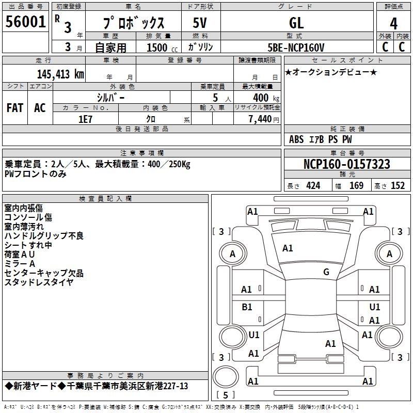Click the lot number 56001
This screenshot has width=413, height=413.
tap(25, 22)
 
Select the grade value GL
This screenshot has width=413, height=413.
tap(296, 23)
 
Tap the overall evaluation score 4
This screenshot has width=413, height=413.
tap(393, 23)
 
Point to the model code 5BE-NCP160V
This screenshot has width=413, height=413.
tap(296, 47)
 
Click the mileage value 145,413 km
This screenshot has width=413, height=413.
tap(60, 74)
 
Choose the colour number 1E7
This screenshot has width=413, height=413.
tap(85, 119)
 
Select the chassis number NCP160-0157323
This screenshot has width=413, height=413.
tap(346, 164)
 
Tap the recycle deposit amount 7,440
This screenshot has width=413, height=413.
tap(260, 119)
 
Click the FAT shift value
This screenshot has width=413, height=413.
tap(15, 108)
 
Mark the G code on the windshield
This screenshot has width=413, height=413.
tap(326, 272)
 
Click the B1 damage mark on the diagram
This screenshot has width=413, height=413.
tap(247, 307)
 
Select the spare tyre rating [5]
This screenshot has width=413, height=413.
tap(226, 395)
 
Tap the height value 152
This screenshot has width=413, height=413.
tap(398, 186)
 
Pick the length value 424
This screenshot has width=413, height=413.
tap(313, 186)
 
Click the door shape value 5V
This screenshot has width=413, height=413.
tap(200, 23)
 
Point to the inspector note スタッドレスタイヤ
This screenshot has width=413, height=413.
tap(39, 282)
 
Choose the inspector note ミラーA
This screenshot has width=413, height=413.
tap(20, 263)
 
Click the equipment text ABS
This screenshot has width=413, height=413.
tap(296, 139)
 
